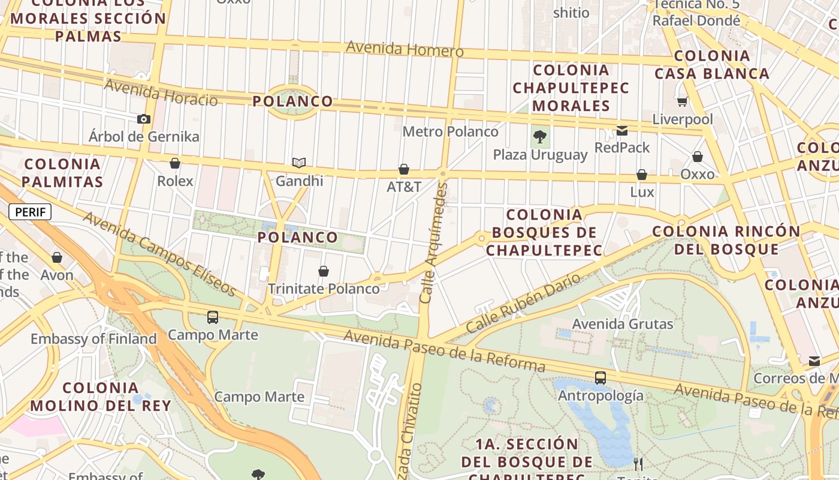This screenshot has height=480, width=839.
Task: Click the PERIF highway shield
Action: coord(30,212)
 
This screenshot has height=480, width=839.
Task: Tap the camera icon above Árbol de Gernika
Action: coord(144,119)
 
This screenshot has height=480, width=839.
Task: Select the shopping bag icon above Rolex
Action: coord(175,163)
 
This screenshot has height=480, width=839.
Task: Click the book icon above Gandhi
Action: coord(299,163)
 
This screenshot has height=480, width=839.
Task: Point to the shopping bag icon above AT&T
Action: coord(404,169)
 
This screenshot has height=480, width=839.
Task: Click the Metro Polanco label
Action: coord(450,131)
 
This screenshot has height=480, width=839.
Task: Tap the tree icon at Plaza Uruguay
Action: coord(540,137)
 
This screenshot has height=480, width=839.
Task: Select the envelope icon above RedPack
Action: coord(622,130)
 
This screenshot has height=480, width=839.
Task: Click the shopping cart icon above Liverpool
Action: coord(682,101)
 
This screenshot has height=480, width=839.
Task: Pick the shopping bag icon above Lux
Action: coord(642,175)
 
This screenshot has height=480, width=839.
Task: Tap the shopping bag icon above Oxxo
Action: coord(698,157)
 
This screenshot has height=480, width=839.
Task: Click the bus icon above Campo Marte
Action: coord(213,317)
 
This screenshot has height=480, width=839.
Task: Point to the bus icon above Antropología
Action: coord(600,378)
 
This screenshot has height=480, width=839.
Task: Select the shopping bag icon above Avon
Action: coord(57,257)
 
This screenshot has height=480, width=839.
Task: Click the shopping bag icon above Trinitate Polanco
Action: coord(324,271)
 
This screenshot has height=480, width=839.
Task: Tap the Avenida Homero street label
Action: coord(405,49)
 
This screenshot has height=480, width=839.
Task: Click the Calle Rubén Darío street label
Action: coord(523,304)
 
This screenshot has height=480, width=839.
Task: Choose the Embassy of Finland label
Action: coord(93,339)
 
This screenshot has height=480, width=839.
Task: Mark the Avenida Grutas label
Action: coord(623,324)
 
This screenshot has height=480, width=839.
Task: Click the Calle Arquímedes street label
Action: coord(434,243)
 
